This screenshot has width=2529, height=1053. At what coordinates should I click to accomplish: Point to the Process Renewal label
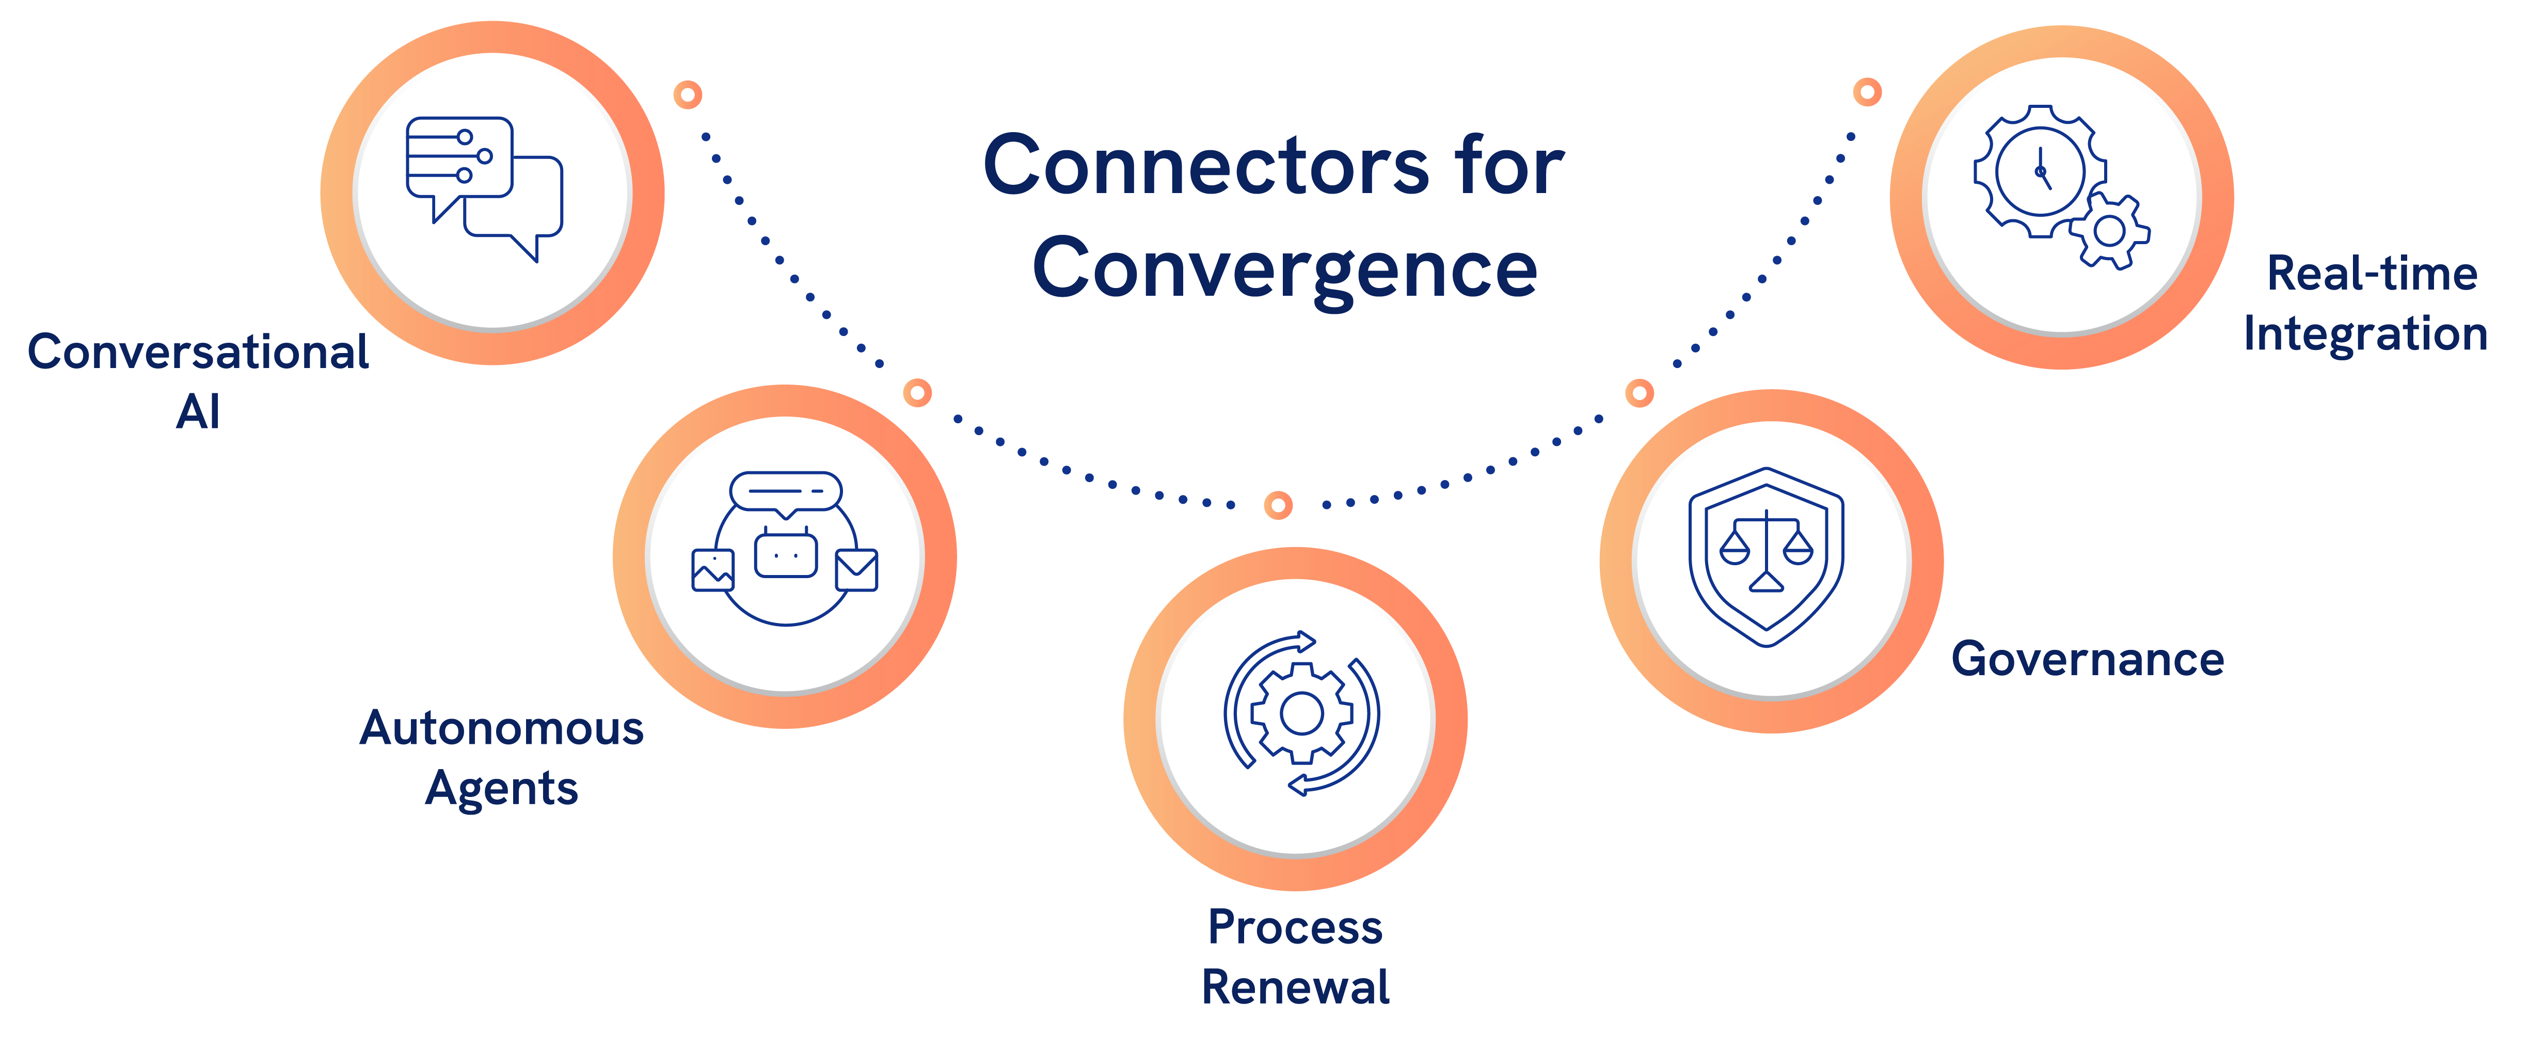pyautogui.click(x=1295, y=957)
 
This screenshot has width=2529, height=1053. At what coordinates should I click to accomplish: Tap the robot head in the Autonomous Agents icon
pyautogui.click(x=785, y=554)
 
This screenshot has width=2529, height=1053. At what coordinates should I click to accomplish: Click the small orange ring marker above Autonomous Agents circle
pyautogui.click(x=917, y=392)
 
